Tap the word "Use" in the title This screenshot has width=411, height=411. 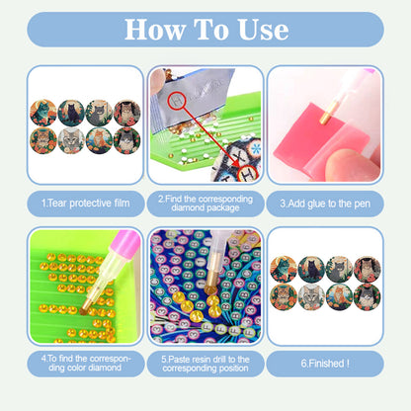click(x=261, y=29)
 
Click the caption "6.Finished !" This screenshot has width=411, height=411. click(x=324, y=364)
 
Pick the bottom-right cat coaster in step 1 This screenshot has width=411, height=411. click(x=125, y=139)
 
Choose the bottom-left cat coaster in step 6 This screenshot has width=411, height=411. click(x=284, y=295)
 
